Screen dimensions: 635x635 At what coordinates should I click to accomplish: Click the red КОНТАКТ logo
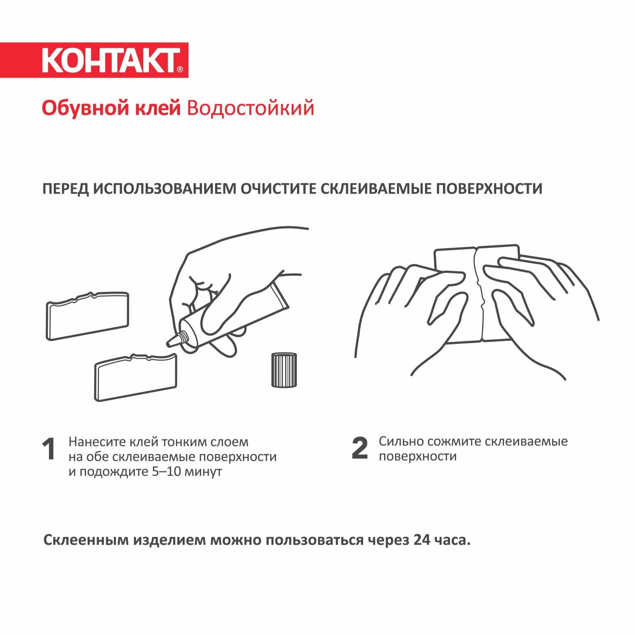pyautogui.click(x=94, y=60)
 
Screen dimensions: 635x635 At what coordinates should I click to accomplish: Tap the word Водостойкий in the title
pyautogui.click(x=250, y=108)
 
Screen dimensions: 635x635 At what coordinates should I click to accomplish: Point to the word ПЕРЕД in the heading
pyautogui.click(x=65, y=188)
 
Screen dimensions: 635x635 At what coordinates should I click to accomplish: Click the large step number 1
pyautogui.click(x=49, y=449)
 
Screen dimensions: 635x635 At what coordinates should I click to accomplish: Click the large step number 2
pyautogui.click(x=360, y=448)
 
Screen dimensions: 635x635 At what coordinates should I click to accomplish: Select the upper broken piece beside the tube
pyautogui.click(x=88, y=315)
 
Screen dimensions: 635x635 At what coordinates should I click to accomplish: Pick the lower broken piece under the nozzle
pyautogui.click(x=135, y=377)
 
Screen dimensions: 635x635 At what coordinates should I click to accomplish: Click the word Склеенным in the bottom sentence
pyautogui.click(x=86, y=540)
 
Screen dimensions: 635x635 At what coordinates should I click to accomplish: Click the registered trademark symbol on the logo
pyautogui.click(x=180, y=69)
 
